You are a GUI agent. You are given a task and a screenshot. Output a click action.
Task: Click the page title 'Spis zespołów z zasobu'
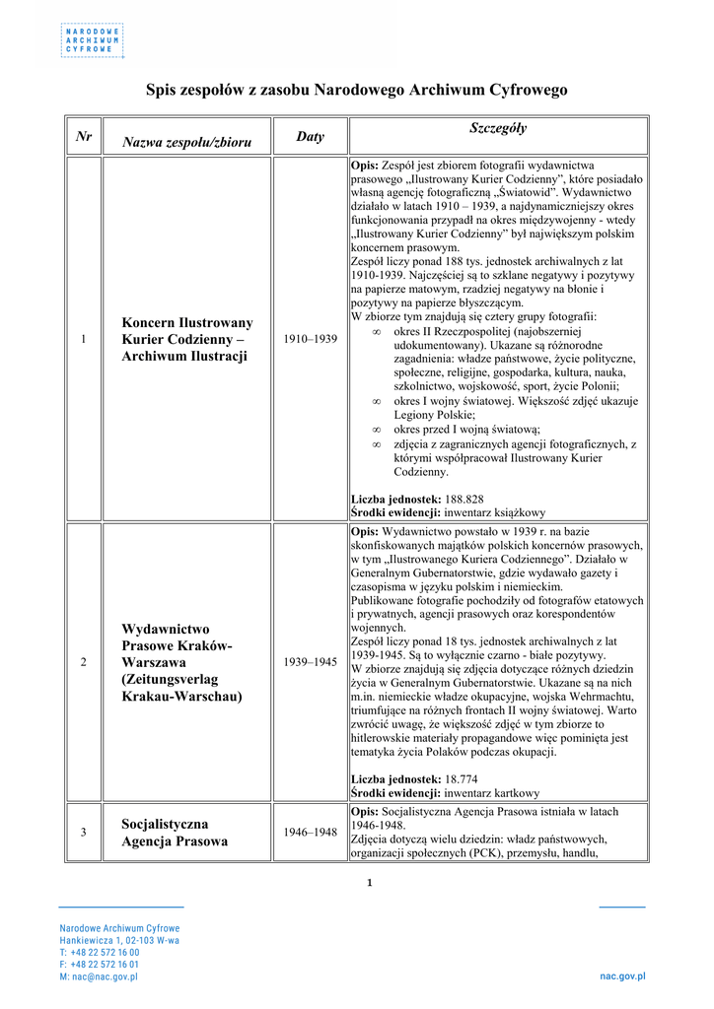356,90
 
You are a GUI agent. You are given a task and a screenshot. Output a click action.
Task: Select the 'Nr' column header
84,137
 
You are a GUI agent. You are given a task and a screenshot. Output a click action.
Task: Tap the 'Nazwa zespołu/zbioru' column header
186,143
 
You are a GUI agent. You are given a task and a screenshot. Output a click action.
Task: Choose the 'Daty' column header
310,137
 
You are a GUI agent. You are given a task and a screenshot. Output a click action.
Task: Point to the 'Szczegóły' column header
498,128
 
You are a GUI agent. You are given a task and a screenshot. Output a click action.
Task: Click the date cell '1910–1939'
310,339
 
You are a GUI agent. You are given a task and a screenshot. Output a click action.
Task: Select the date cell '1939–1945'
310,662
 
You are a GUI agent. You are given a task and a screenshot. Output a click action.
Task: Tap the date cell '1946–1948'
310,833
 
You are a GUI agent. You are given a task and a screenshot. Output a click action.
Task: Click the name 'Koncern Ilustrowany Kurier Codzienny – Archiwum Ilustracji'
187,339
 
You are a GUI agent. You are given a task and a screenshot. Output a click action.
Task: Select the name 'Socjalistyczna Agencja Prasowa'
175,833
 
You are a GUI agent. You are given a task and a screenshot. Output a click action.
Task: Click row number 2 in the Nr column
84,662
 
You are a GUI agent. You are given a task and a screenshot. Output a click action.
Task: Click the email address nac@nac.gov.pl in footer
103,976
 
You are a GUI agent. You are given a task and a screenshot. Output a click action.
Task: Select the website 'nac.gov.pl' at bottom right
622,976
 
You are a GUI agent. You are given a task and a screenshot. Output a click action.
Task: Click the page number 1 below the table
369,882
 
